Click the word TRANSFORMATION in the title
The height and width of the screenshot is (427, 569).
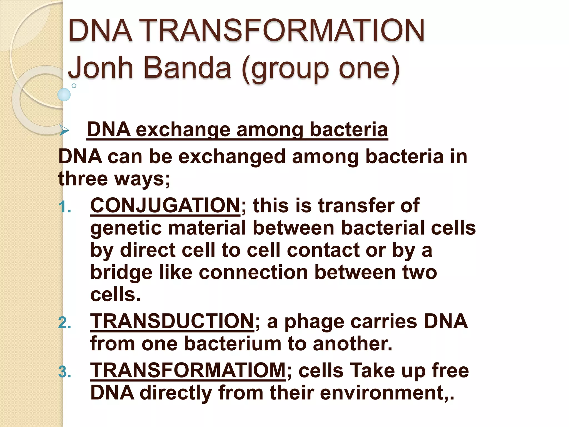(x=283, y=31)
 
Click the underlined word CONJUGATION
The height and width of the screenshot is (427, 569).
(x=165, y=206)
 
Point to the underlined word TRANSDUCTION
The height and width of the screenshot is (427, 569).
(x=172, y=321)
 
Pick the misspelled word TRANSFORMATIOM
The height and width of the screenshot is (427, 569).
(x=188, y=371)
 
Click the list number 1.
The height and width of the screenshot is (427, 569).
(x=64, y=207)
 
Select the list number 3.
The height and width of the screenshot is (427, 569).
(x=64, y=372)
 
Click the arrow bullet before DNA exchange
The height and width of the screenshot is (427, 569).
(x=64, y=130)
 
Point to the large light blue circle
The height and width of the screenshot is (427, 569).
(x=64, y=95)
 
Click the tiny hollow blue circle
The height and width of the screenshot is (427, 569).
(x=74, y=86)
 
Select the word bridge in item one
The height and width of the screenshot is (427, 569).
(x=121, y=273)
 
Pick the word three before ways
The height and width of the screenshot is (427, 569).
(x=83, y=179)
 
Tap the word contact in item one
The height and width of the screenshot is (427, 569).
(x=323, y=250)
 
